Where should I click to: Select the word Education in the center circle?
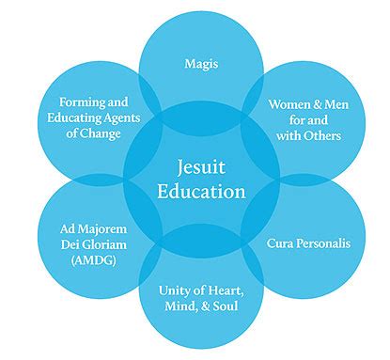(198, 191)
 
